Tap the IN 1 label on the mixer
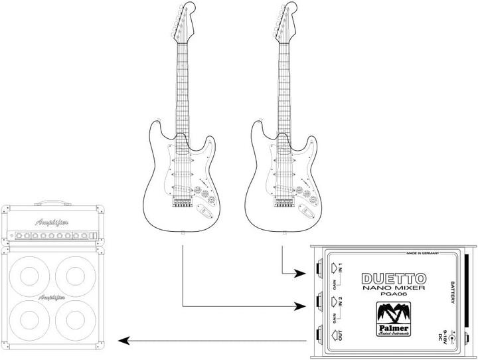(339, 270)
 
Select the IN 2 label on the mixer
(339, 304)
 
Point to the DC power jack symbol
(453, 338)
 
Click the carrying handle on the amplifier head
(54, 201)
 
